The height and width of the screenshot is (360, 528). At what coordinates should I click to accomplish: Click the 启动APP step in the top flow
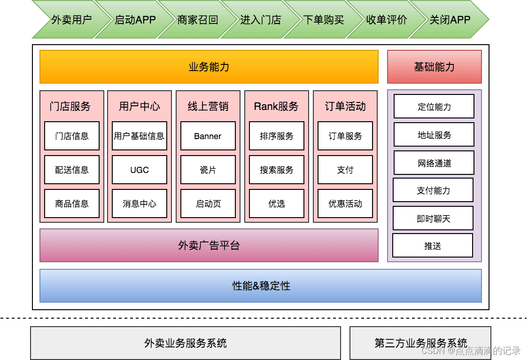(135, 20)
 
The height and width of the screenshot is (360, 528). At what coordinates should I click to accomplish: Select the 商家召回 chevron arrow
(198, 20)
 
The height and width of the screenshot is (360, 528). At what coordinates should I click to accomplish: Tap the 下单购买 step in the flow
(324, 20)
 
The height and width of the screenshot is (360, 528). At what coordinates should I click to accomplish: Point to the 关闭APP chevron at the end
(450, 20)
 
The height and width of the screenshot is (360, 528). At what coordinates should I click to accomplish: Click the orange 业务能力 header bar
(209, 67)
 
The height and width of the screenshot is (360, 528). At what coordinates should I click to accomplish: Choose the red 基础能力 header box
(435, 67)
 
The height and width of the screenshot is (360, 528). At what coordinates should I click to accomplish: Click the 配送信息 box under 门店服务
(72, 170)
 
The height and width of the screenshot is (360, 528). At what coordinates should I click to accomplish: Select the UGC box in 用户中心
(140, 170)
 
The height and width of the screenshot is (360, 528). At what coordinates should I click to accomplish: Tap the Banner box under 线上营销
(208, 136)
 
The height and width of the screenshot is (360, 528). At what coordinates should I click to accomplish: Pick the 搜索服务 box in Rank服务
(277, 170)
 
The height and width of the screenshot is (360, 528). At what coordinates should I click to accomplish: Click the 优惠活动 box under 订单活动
(345, 203)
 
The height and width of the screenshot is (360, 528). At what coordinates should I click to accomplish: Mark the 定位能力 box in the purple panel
(434, 107)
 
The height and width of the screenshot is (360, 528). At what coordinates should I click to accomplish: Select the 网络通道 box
(434, 163)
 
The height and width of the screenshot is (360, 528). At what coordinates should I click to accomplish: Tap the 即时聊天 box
(433, 219)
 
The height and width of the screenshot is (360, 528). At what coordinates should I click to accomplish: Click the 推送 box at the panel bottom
(433, 245)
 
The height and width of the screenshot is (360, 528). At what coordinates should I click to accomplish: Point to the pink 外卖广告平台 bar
(209, 245)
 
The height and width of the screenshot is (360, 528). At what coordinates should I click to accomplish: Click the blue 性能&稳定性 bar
(261, 285)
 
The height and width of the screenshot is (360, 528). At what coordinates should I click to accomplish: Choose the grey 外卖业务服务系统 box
(186, 343)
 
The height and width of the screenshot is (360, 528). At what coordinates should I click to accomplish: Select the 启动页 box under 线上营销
(208, 203)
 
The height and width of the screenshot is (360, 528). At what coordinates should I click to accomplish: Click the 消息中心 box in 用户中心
(140, 203)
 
